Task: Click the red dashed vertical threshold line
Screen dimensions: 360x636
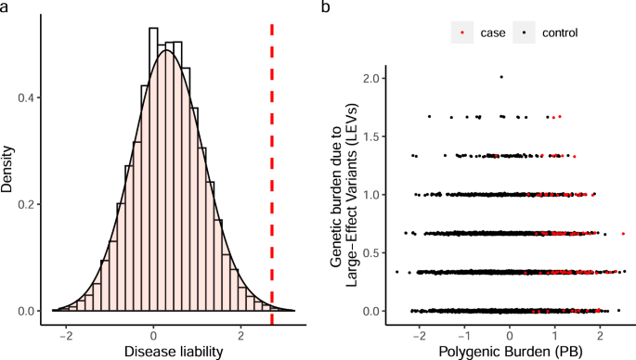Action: coord(271,167)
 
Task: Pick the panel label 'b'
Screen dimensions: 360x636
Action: coord(325,7)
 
